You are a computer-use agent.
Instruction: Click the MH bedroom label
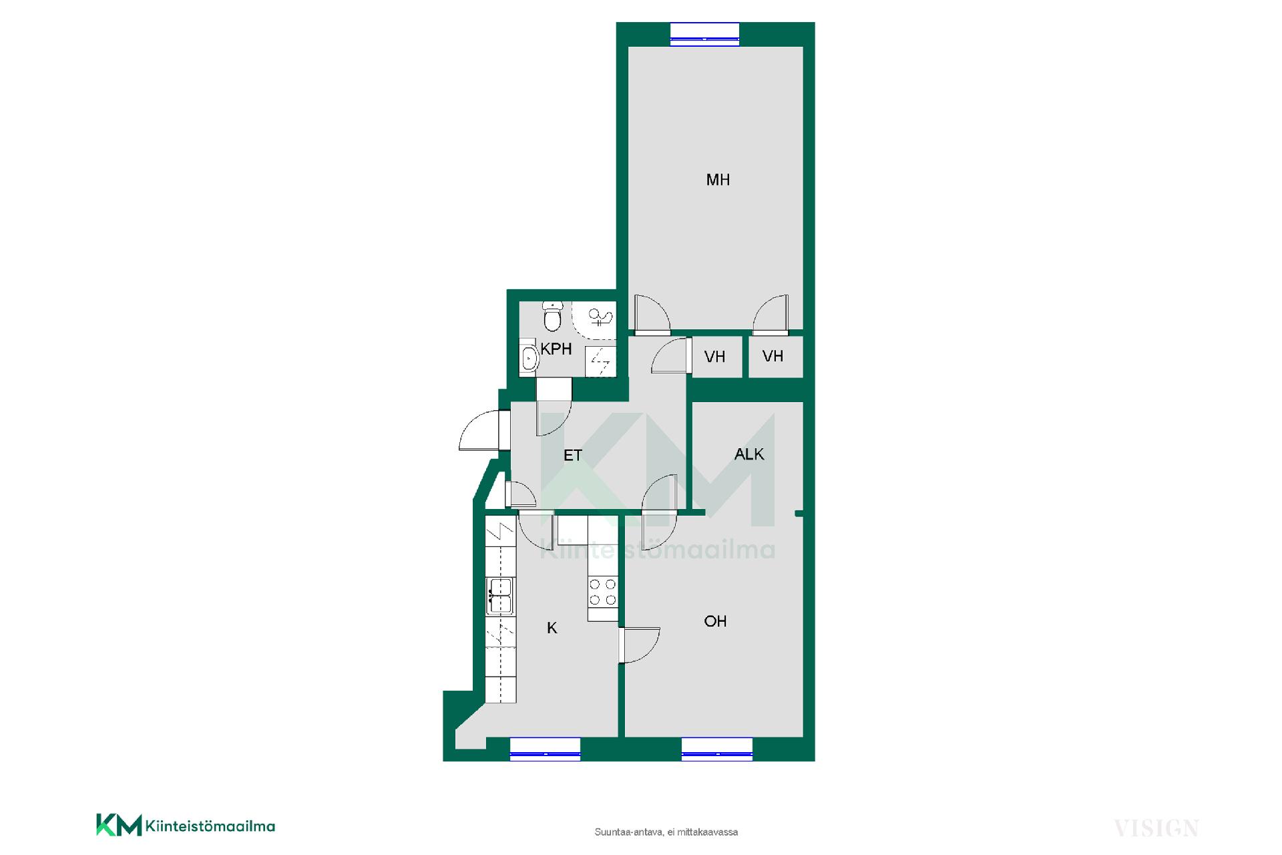(718, 180)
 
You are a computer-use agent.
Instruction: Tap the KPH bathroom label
(556, 349)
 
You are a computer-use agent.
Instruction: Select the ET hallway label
(573, 456)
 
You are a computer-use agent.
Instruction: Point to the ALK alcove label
(749, 454)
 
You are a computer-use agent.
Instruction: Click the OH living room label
(715, 621)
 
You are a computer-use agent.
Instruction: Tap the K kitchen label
(552, 628)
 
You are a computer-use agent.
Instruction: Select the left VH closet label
(714, 357)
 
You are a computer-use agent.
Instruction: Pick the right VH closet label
(773, 356)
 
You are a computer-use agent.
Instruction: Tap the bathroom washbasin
(529, 358)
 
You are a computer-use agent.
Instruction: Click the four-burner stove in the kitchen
(603, 592)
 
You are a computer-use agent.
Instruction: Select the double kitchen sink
(499, 596)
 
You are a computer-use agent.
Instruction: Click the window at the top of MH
(704, 33)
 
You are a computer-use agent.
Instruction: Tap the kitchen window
(545, 749)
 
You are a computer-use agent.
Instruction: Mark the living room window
(717, 749)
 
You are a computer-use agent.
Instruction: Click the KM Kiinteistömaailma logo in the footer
(186, 825)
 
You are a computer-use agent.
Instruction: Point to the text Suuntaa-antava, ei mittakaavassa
(666, 832)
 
